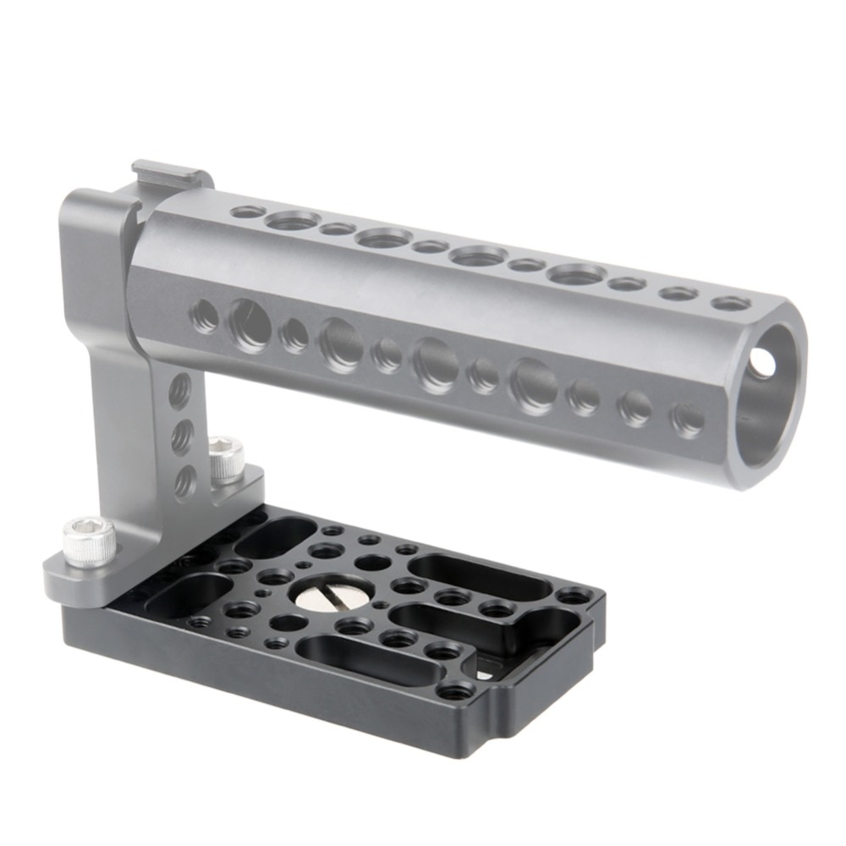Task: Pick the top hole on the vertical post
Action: pos(179,391)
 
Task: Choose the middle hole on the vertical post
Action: pos(182,437)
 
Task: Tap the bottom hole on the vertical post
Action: pos(184,482)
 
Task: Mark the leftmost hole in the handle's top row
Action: pos(246,211)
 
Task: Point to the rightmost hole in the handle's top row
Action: pos(730,303)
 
